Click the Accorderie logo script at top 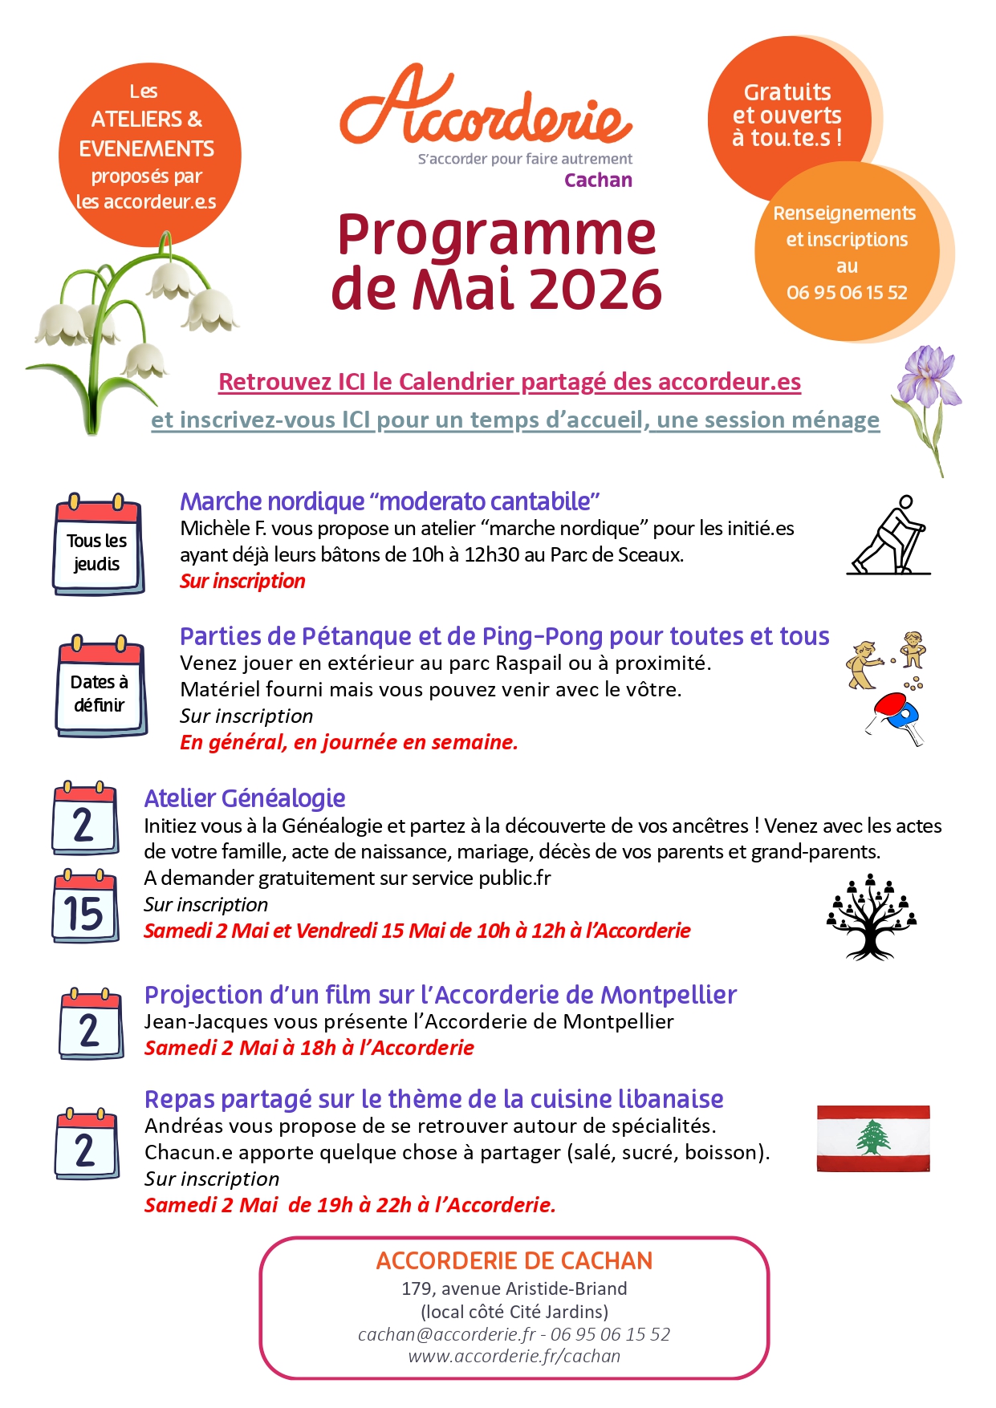click(486, 108)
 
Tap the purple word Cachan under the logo click(598, 180)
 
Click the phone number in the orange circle click(847, 292)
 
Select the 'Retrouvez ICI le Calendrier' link click(510, 382)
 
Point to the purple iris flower click(929, 377)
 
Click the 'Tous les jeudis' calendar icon click(98, 546)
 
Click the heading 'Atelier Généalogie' click(245, 798)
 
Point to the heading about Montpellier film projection click(440, 995)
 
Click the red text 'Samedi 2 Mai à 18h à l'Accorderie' click(309, 1048)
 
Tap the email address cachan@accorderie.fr click(446, 1334)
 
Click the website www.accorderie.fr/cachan click(514, 1356)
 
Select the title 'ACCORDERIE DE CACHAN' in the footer click(514, 1261)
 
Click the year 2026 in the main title click(595, 288)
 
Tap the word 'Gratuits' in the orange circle click(787, 92)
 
